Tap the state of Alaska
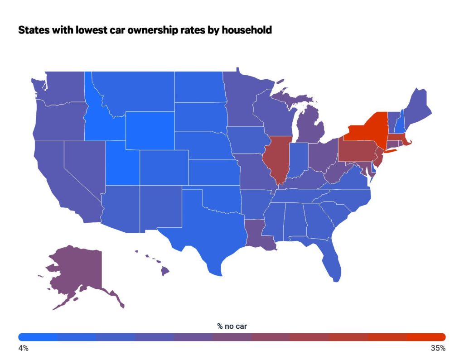click(x=77, y=272)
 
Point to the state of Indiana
click(x=299, y=161)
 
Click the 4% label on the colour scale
click(x=23, y=348)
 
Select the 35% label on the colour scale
click(x=438, y=348)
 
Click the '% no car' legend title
click(x=232, y=326)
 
